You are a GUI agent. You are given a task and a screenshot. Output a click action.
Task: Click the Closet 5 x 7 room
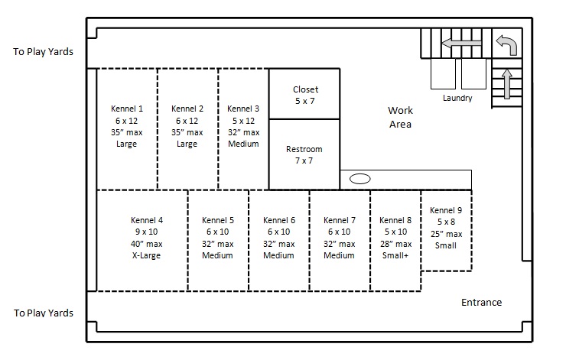coord(304,94)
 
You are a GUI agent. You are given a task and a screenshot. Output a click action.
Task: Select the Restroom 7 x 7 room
coord(304,154)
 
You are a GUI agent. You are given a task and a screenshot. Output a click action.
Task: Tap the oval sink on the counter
coord(360,179)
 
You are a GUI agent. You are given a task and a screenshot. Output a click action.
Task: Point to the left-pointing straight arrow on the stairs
coord(461,44)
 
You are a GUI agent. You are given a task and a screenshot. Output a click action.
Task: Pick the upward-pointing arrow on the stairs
coord(507,83)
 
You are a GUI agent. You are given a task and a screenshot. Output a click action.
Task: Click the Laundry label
coord(457,98)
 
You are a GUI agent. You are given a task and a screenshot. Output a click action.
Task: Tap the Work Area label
coord(400,117)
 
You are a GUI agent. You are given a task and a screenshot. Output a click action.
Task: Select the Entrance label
coord(482,302)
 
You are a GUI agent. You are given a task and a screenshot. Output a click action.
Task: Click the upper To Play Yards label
coord(44,51)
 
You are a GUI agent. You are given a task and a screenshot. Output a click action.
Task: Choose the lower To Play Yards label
coord(44,313)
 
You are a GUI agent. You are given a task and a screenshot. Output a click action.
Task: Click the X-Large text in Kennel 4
coord(146,255)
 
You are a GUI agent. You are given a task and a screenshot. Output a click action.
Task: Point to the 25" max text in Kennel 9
coord(446,234)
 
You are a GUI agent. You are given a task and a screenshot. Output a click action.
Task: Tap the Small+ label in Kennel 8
coord(395,255)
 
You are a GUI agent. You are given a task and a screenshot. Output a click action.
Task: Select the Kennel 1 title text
coord(127,109)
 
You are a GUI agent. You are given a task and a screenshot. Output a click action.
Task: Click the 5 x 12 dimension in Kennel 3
coord(243,121)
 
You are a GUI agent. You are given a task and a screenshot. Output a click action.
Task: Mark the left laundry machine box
coord(443,73)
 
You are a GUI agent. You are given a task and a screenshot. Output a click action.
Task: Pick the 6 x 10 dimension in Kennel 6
coord(278,232)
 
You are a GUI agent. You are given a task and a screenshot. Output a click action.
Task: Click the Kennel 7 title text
coord(340,220)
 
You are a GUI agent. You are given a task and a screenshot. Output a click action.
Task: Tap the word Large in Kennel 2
coord(187,144)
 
